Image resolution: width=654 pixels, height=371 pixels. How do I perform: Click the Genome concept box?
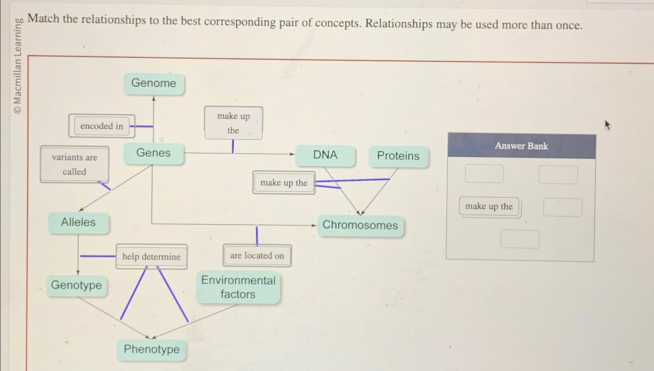[154, 83]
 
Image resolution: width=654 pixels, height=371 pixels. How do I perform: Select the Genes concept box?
[153, 153]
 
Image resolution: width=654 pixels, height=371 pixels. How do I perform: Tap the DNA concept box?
[325, 155]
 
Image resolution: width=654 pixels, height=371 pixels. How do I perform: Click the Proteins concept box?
[398, 156]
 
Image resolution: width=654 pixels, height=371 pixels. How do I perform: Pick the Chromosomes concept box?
[360, 225]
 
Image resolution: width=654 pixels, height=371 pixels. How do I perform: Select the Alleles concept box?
[78, 222]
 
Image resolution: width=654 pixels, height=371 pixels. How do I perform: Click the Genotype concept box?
[76, 285]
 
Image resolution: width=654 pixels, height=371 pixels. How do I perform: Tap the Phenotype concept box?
[151, 349]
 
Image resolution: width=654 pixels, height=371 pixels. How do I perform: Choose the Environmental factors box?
[238, 287]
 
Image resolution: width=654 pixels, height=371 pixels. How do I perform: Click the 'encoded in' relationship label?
[101, 126]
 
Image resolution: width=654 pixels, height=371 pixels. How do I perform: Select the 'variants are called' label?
[75, 164]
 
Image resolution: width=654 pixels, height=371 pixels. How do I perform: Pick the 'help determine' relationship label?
[151, 256]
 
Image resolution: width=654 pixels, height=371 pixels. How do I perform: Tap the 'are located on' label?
[257, 256]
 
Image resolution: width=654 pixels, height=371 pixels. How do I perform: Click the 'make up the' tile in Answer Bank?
[489, 207]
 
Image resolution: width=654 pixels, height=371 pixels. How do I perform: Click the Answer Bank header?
[521, 146]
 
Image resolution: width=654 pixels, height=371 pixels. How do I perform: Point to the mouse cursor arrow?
[607, 125]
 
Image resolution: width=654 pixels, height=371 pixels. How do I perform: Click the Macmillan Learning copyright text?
[17, 66]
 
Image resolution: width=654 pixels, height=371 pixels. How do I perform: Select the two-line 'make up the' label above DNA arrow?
[233, 123]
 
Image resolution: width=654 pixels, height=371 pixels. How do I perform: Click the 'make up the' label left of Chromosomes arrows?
[283, 183]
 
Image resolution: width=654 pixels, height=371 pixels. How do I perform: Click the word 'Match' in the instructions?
[43, 19]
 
